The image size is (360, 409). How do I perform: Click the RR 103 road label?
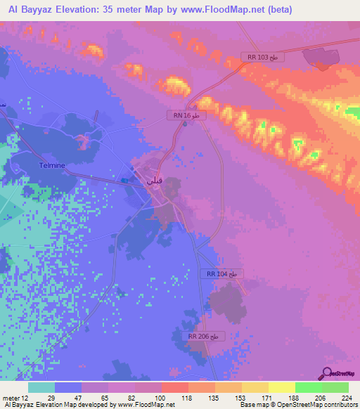(263, 57)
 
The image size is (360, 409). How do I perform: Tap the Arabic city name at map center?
(153, 179)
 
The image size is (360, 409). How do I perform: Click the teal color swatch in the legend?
(41, 387)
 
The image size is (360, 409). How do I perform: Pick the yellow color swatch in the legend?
(281, 387)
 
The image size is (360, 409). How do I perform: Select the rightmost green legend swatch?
(335, 387)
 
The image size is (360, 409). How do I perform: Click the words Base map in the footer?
(251, 405)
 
